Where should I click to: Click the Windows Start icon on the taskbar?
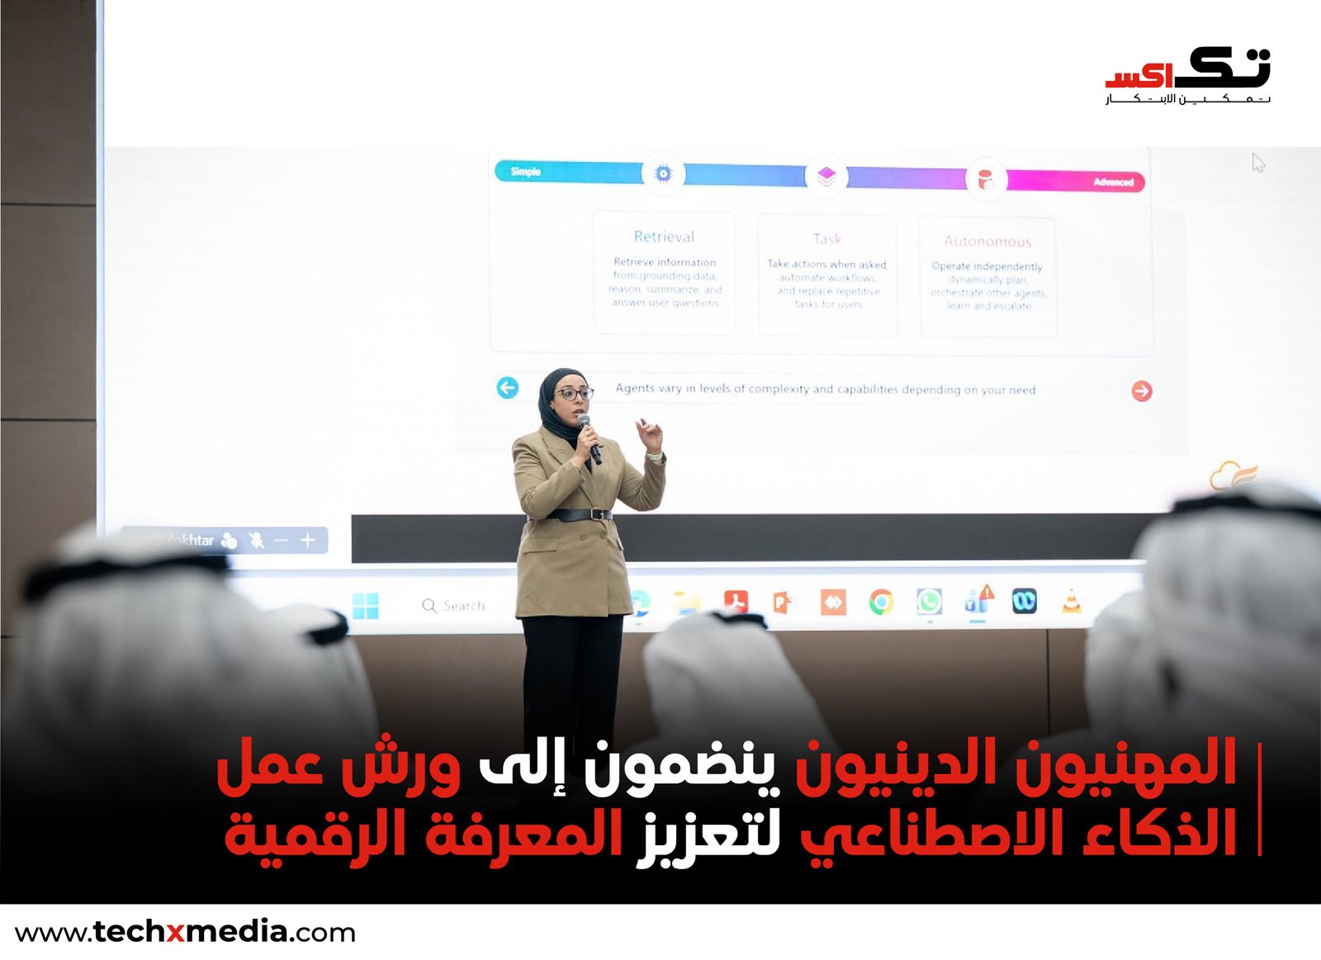[x=366, y=605]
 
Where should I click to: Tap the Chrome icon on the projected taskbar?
[x=881, y=603]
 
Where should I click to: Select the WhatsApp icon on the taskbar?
[x=929, y=602]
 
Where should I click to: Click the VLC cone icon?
[x=1071, y=603]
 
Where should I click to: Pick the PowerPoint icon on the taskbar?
[x=782, y=603]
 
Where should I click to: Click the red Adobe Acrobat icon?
[x=736, y=602]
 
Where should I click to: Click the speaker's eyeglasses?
[x=574, y=394]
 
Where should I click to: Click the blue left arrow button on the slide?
[x=508, y=387]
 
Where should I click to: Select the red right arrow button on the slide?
[x=1142, y=390]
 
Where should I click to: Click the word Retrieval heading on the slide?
[x=664, y=237]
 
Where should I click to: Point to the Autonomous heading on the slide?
[x=987, y=241]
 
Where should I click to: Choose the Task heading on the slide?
[x=826, y=239]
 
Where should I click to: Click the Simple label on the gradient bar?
[x=525, y=172]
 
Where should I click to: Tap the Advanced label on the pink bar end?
[x=1113, y=182]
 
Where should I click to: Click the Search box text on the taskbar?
[x=463, y=606]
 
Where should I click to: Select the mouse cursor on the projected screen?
[x=1257, y=162]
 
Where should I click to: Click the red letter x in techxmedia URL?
[x=176, y=934]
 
